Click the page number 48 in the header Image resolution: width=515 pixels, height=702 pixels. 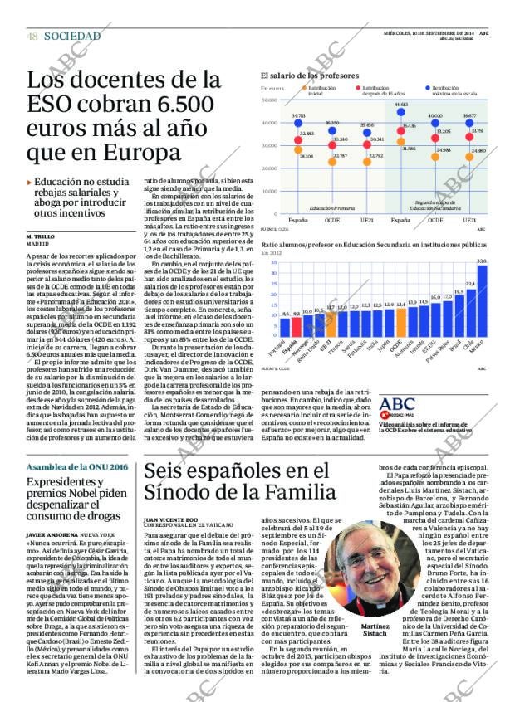[x=32, y=37]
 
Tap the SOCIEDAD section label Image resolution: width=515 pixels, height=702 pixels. [x=72, y=37]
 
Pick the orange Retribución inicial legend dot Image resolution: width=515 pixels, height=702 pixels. [x=302, y=87]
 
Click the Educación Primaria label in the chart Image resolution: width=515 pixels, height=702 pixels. [x=331, y=208]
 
